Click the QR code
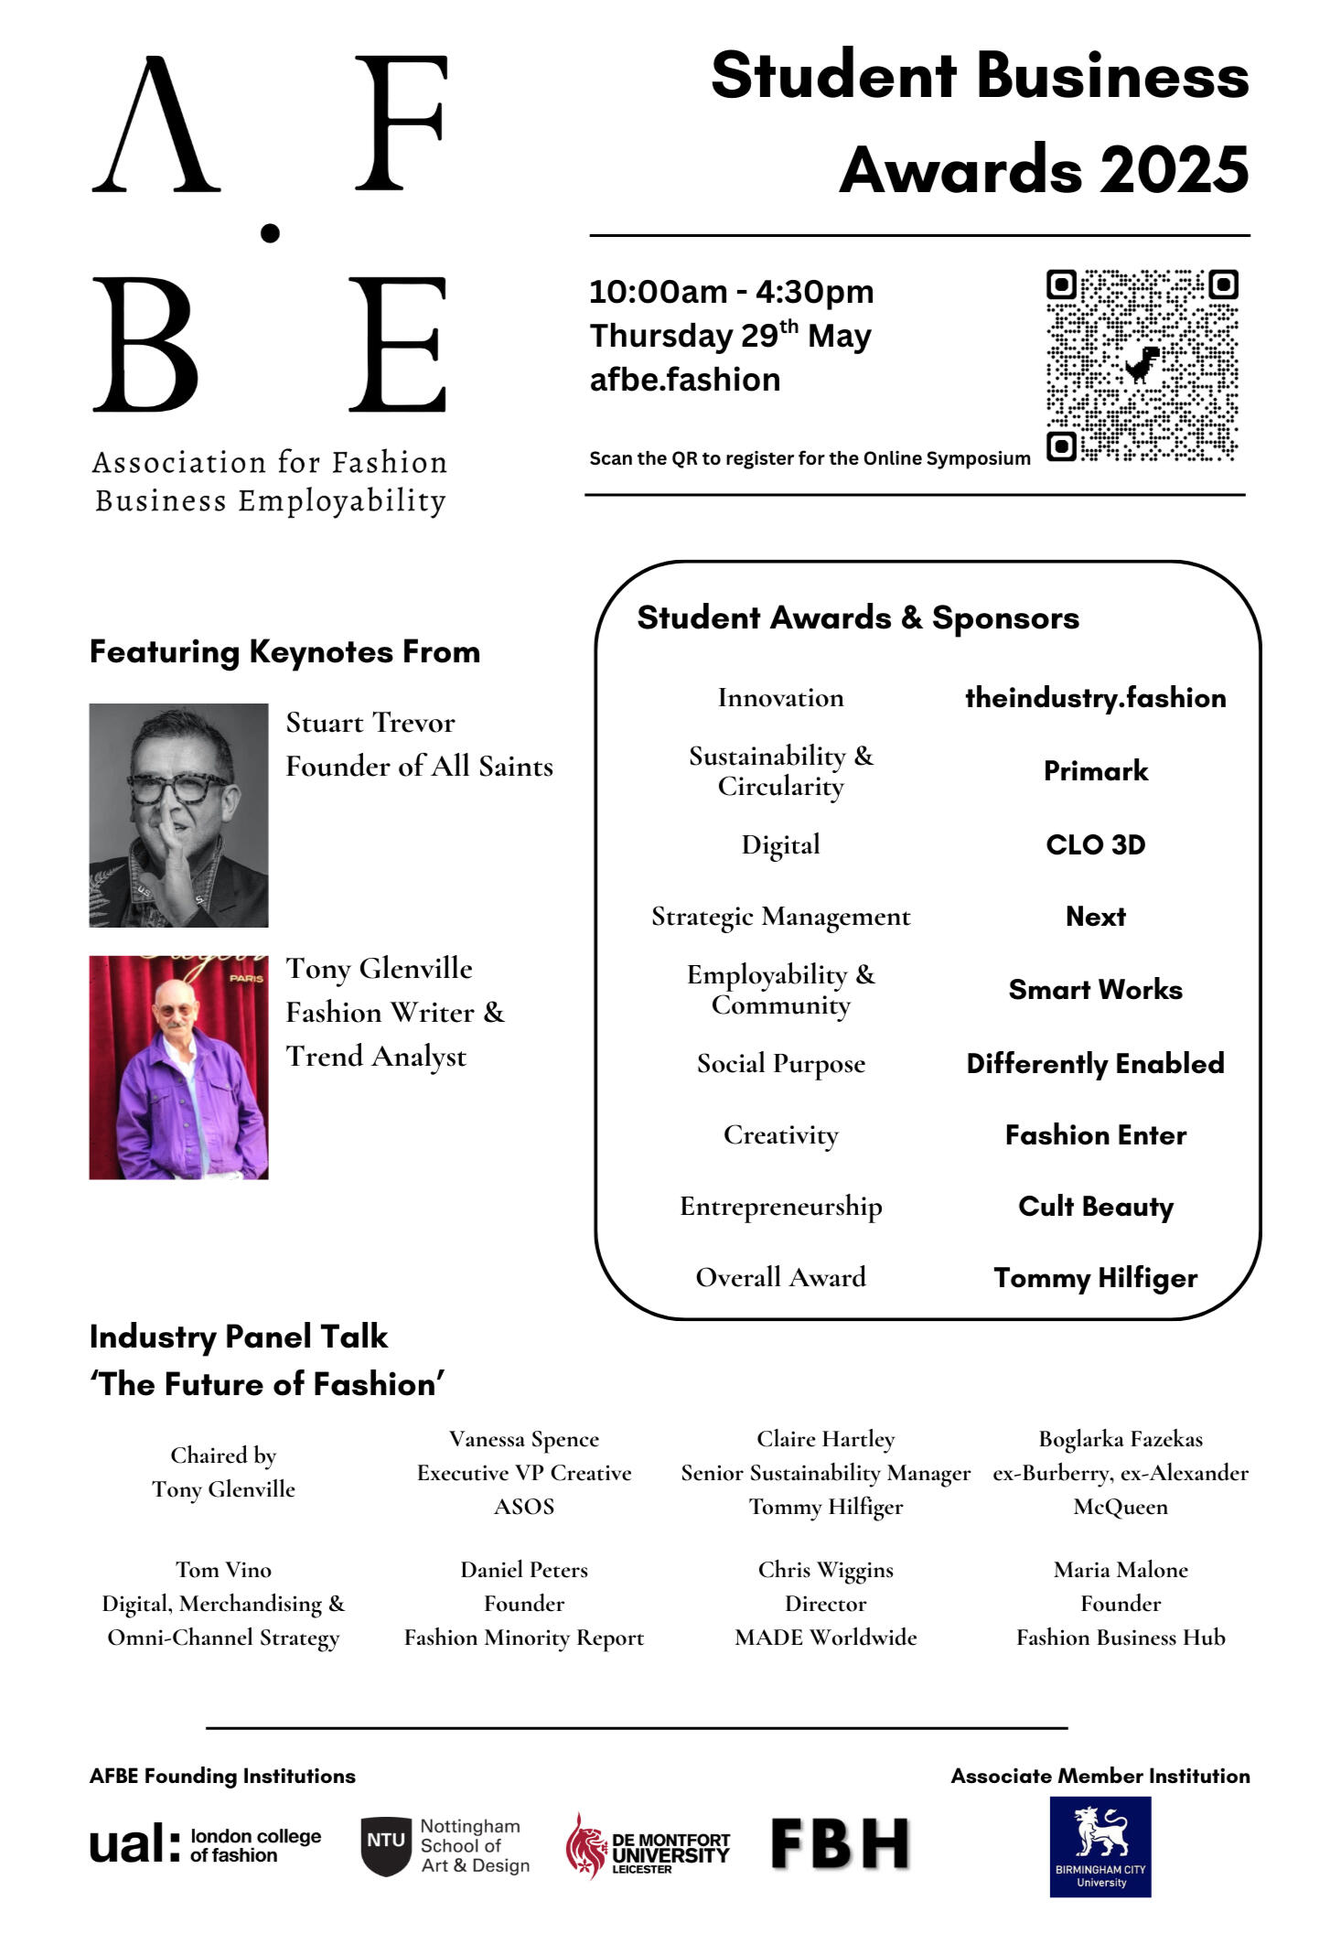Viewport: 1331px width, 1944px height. pos(1142,365)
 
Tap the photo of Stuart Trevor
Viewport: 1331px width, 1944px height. pos(178,815)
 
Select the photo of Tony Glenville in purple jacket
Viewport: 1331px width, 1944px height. pos(178,1068)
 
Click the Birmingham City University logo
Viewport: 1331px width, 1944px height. pos(1100,1846)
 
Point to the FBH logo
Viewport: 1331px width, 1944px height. pos(841,1843)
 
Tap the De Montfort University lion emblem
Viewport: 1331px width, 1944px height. pos(585,1845)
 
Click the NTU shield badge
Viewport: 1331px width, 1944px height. pos(386,1845)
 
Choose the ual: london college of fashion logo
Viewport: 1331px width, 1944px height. pos(206,1844)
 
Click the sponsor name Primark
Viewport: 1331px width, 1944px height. pos(1095,771)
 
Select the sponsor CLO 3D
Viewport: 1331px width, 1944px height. pos(1095,844)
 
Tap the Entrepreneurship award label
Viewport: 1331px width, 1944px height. pos(780,1207)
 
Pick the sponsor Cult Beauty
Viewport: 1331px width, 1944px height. pos(1095,1207)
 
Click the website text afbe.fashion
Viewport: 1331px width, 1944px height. pos(685,380)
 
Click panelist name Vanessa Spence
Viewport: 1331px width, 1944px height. pos(524,1439)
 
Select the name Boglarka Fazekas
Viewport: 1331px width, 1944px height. pos(1121,1439)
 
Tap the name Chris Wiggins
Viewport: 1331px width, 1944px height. pos(825,1570)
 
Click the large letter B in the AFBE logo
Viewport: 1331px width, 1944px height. pos(145,345)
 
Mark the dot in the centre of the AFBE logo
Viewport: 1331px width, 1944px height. pos(270,233)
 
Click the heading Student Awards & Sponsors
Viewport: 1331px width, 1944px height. pos(858,618)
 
